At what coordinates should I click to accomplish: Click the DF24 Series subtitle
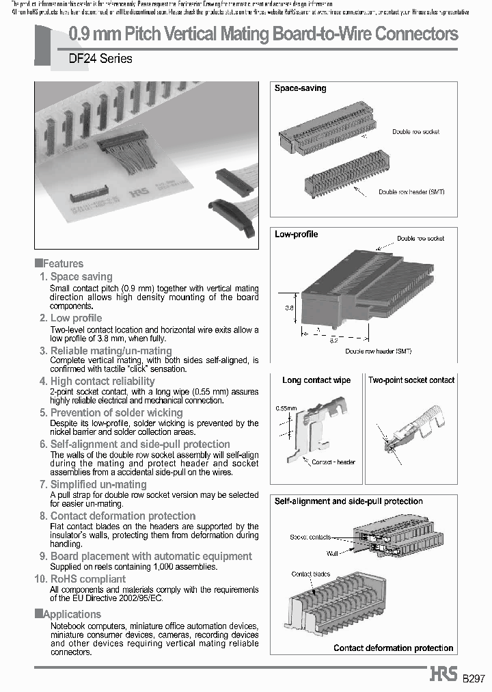pos(100,59)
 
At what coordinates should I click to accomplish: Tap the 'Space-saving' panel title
pos(300,88)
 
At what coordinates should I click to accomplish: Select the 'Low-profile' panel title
pos(296,234)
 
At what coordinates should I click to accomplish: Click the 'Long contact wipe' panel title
pos(316,380)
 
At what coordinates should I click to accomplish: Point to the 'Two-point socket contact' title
pos(411,380)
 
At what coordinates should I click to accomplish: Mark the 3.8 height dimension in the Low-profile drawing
pos(288,308)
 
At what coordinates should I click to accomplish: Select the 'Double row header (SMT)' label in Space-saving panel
pos(411,192)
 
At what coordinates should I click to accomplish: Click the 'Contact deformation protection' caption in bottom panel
pos(393,648)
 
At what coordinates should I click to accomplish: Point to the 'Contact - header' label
pos(333,462)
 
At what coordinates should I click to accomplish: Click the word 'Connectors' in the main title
pos(412,34)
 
